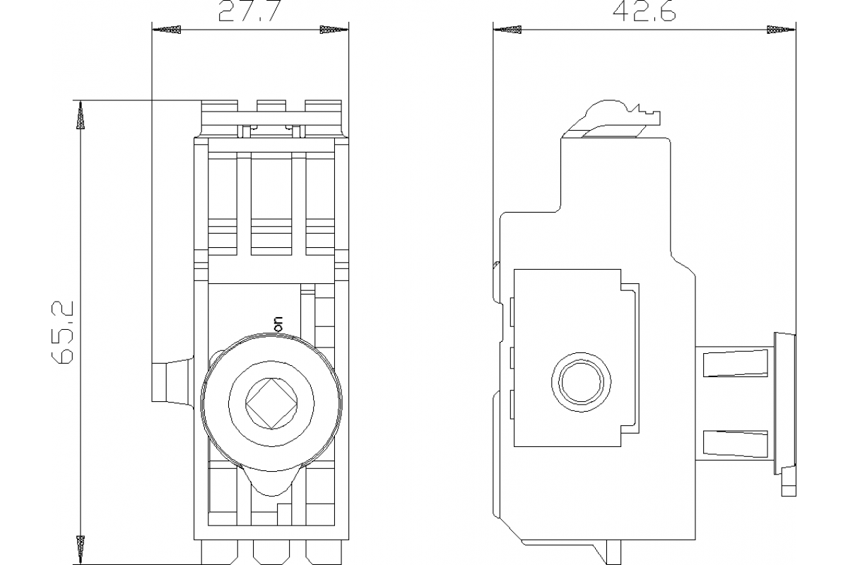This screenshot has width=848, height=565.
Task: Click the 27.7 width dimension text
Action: [x=249, y=13]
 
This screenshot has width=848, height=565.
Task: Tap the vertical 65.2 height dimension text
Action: [x=63, y=332]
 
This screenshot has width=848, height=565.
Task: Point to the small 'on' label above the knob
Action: [x=278, y=324]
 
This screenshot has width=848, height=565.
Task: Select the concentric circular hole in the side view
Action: [x=579, y=381]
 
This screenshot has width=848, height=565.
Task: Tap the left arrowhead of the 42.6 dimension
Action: [x=507, y=30]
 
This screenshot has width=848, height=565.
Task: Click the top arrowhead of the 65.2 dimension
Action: [x=81, y=116]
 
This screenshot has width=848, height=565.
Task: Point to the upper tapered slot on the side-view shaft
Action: [x=736, y=364]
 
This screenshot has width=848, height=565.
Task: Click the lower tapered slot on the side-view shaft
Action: [x=736, y=442]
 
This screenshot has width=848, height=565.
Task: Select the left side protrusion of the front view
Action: [x=171, y=381]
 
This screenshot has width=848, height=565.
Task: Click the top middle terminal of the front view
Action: [x=271, y=107]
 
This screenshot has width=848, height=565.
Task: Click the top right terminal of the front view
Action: [x=322, y=107]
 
